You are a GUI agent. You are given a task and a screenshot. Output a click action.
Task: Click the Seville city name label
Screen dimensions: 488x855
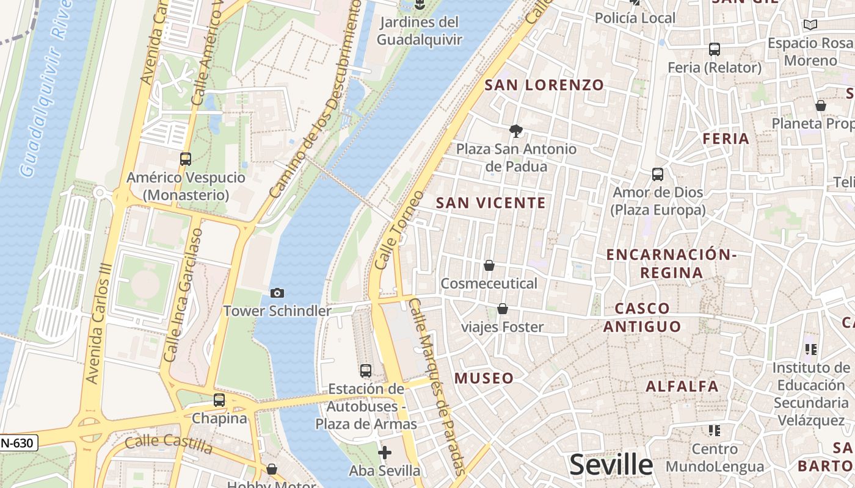pos(611,465)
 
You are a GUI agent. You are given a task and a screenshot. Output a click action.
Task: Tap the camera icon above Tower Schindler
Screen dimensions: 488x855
pos(277,293)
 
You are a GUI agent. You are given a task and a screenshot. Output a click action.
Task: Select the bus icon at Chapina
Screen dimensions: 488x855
pos(219,401)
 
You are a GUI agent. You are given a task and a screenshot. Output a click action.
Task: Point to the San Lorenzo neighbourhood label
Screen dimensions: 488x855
pos(544,85)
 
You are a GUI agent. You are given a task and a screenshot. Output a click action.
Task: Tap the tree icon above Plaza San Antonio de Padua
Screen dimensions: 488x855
pos(516,131)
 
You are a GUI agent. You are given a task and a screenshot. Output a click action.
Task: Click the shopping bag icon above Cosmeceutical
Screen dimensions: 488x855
pos(489,265)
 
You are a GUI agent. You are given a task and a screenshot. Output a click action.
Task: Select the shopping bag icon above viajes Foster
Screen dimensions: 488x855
pos(502,309)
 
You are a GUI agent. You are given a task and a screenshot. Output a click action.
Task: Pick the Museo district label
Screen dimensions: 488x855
pos(484,378)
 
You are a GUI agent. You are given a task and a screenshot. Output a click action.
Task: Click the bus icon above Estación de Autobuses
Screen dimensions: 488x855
pos(366,370)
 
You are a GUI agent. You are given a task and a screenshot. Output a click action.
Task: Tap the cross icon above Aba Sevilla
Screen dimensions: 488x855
pos(385,453)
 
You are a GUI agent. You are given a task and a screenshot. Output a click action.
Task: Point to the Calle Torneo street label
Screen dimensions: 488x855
pos(399,231)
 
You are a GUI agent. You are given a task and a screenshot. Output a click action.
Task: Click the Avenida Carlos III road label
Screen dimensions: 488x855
pos(100,323)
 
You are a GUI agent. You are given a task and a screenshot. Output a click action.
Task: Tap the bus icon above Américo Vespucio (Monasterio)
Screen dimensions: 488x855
pos(186,159)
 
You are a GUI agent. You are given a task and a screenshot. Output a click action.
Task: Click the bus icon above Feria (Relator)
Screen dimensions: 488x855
pos(715,49)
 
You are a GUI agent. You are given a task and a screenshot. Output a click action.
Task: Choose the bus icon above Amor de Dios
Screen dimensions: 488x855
pos(658,174)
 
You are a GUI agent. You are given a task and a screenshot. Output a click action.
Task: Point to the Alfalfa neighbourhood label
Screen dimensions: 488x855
pos(682,386)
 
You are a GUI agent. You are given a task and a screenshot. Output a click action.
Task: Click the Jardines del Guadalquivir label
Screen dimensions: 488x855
pos(419,31)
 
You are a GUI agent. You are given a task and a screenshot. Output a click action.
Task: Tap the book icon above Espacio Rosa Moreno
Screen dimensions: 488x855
pos(810,25)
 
